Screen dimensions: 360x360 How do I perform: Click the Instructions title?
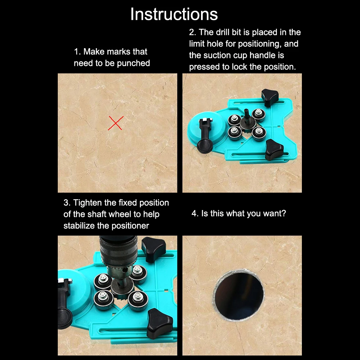[x=174, y=14]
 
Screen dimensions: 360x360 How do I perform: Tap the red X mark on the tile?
[x=116, y=123]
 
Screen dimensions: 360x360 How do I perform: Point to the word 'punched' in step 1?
[x=133, y=63]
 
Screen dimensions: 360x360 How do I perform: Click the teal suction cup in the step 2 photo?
[x=206, y=130]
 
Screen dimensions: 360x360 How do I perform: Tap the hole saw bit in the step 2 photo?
[x=247, y=122]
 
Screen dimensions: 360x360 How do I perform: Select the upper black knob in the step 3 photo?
[x=153, y=249]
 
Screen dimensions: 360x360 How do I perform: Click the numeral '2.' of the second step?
[x=192, y=32]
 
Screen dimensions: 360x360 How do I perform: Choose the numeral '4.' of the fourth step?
[x=195, y=214]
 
